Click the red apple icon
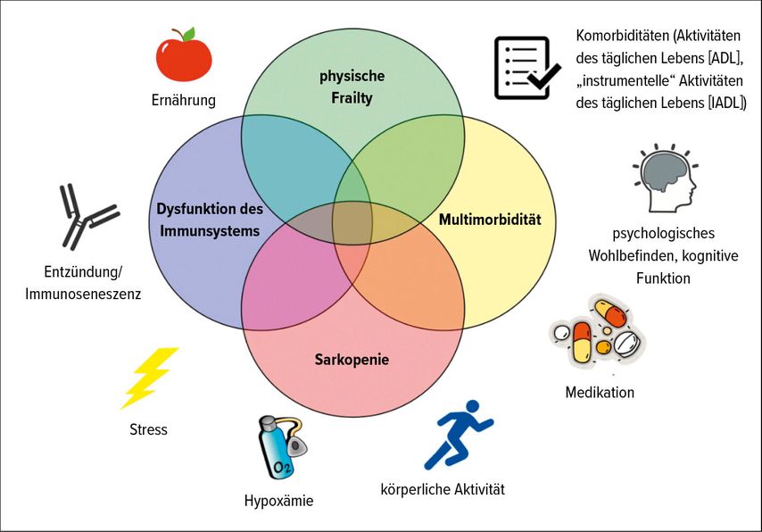184,55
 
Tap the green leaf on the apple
188,34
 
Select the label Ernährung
183,100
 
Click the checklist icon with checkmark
526,68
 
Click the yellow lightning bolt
149,378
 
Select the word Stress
148,429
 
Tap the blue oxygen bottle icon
281,447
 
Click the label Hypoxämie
278,501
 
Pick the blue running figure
459,435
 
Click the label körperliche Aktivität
443,489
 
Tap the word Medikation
600,393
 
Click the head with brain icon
666,178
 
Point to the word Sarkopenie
352,360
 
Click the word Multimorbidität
490,220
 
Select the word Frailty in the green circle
352,98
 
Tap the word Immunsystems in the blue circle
210,231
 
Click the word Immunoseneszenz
83,294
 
